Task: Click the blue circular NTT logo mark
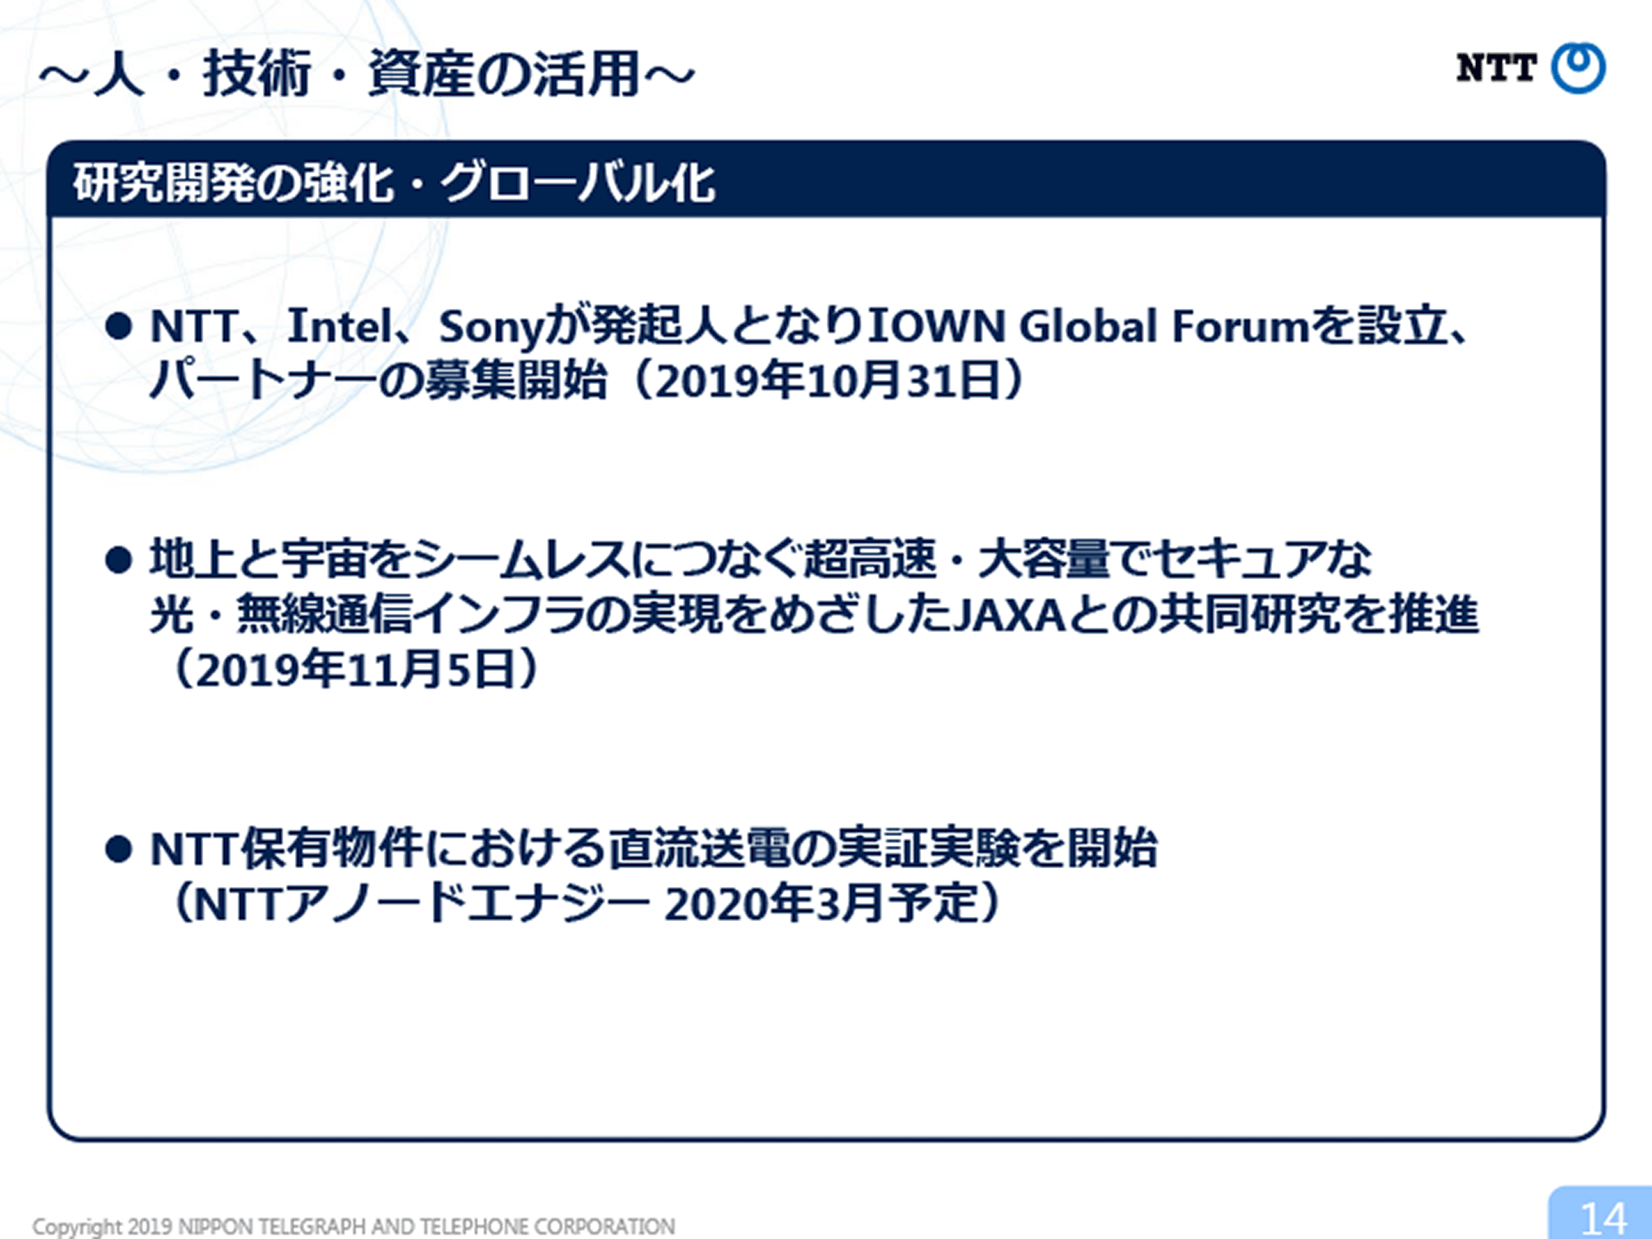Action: (x=1578, y=68)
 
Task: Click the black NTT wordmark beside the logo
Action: (x=1496, y=68)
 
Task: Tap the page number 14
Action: (x=1603, y=1218)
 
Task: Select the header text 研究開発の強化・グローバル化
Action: (x=394, y=183)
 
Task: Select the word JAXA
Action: (x=1009, y=615)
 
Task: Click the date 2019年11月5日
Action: (x=356, y=669)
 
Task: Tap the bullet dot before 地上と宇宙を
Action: (x=119, y=560)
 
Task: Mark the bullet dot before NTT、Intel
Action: (x=119, y=326)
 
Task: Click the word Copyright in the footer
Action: (x=78, y=1227)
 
